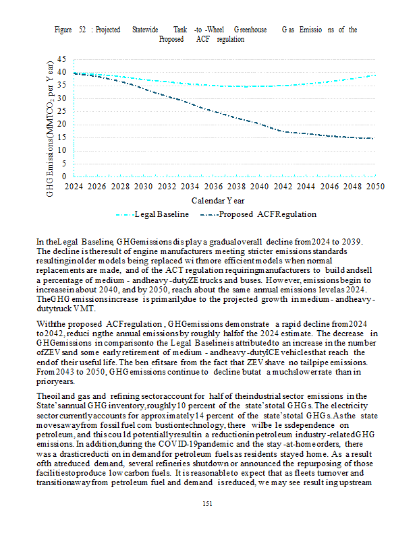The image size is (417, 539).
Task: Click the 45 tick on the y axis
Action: tap(61, 59)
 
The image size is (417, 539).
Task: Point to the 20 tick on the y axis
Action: tap(61, 124)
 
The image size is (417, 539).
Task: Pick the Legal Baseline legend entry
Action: tap(157, 214)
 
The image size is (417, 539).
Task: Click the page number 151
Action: tap(208, 503)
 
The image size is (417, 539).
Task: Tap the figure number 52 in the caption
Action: tap(82, 30)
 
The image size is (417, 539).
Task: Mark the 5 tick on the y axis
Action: tap(63, 163)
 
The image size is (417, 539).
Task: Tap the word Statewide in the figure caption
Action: tap(145, 30)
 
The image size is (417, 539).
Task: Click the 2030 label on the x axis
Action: tap(144, 186)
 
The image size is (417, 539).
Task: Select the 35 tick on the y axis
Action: tap(61, 85)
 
